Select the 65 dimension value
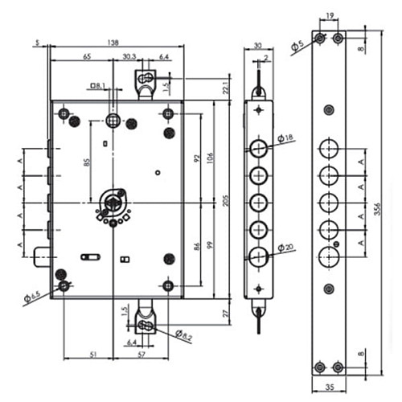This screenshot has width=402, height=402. click(x=87, y=57)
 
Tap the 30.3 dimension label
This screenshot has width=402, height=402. click(x=129, y=57)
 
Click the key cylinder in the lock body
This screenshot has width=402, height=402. click(x=114, y=201)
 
